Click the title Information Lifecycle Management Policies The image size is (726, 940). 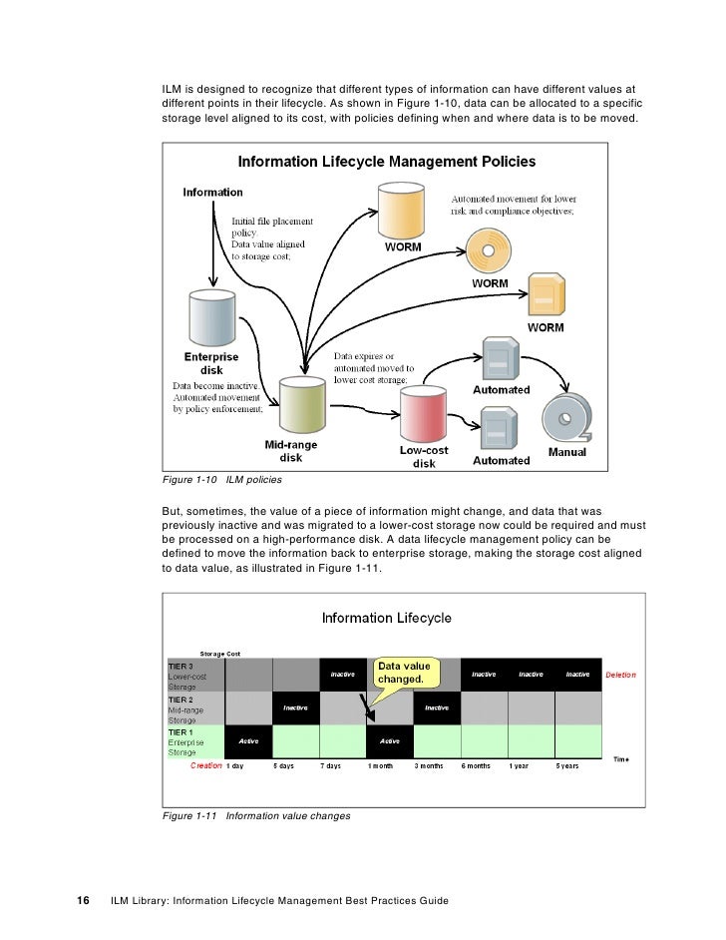coord(386,161)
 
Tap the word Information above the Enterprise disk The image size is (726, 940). coord(212,193)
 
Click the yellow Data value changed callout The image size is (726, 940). coord(403,673)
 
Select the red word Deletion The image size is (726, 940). coord(619,675)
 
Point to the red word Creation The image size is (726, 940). coord(206,765)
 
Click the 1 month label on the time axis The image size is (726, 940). coord(380,766)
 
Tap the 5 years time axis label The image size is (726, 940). coord(567,766)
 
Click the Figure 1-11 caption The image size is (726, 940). coord(256,816)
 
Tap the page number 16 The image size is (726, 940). coord(85,901)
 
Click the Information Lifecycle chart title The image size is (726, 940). coord(386,618)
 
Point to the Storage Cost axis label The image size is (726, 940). coord(219,654)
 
